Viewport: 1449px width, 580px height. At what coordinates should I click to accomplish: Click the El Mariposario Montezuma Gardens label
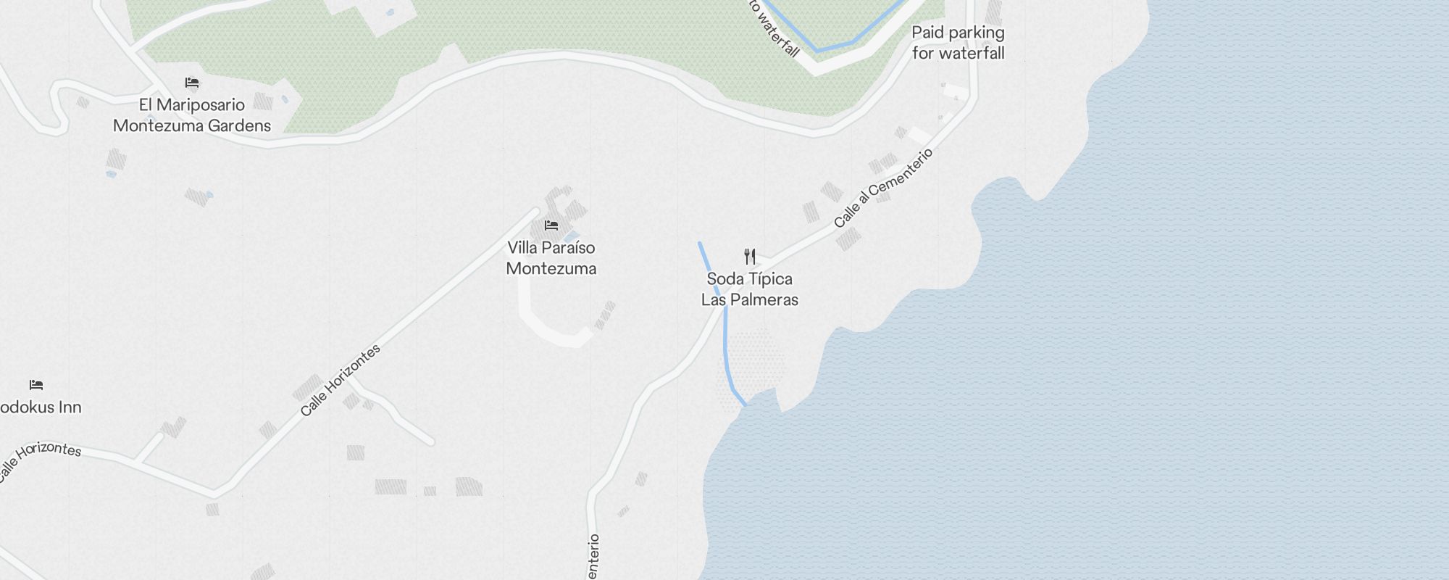pyautogui.click(x=192, y=115)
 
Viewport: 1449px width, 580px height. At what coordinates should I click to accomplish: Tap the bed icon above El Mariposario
pyautogui.click(x=192, y=83)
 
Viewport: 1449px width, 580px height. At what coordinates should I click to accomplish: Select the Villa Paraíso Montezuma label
pyautogui.click(x=551, y=258)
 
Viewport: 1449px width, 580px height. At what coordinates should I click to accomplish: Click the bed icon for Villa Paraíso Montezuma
pyautogui.click(x=551, y=225)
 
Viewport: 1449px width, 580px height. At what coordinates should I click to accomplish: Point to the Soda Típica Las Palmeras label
pyautogui.click(x=750, y=289)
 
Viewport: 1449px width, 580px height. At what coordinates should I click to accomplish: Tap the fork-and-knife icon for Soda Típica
pyautogui.click(x=750, y=257)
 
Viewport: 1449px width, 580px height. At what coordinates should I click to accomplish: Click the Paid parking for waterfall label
pyautogui.click(x=958, y=43)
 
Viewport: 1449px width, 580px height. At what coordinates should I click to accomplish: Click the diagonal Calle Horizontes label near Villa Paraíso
pyautogui.click(x=341, y=381)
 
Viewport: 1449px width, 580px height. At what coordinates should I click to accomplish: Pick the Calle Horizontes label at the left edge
pyautogui.click(x=40, y=458)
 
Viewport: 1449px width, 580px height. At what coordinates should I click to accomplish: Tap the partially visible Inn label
pyautogui.click(x=40, y=407)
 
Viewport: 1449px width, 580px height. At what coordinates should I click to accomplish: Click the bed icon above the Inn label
pyautogui.click(x=36, y=385)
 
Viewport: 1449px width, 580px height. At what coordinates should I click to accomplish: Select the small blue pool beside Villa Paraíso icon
pyautogui.click(x=572, y=237)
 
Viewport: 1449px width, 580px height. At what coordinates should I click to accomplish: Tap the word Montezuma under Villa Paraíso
pyautogui.click(x=551, y=269)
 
